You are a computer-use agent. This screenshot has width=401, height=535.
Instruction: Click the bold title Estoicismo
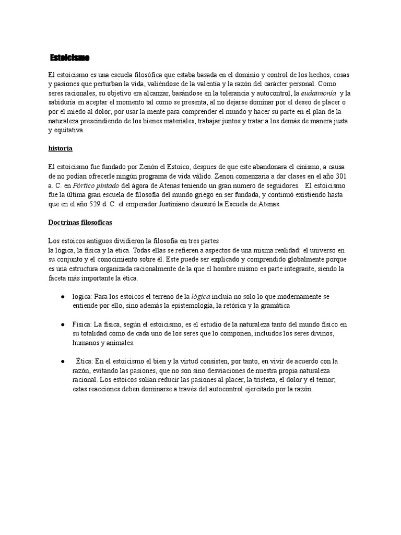click(69, 56)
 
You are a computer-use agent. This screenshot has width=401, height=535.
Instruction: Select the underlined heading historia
click(60, 148)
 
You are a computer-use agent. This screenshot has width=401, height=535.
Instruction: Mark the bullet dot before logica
click(63, 296)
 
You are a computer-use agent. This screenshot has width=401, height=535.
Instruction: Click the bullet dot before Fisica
click(63, 324)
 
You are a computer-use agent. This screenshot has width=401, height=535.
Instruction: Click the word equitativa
click(65, 131)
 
